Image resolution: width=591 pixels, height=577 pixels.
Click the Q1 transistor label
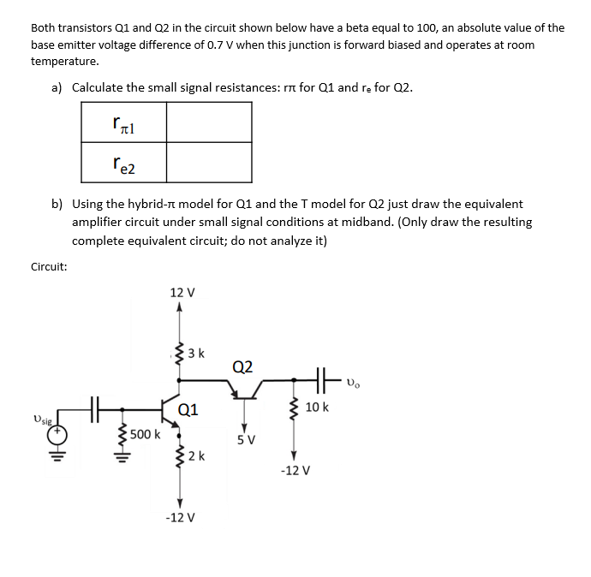tap(189, 408)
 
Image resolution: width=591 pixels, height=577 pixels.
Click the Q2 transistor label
tap(242, 367)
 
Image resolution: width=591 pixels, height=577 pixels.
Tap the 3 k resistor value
tap(195, 353)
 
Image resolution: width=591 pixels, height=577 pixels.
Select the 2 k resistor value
tap(195, 455)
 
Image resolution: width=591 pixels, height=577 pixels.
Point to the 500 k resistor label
tap(144, 434)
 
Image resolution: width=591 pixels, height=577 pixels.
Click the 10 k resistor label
tap(316, 406)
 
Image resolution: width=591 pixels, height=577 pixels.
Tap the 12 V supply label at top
tap(182, 292)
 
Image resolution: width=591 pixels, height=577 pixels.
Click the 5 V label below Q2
tap(244, 442)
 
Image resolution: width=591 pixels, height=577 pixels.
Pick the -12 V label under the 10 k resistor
tap(294, 471)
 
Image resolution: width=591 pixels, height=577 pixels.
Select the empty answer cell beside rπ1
tap(208, 122)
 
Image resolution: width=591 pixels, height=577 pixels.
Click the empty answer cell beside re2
tap(208, 161)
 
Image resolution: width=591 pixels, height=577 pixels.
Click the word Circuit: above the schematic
tap(49, 266)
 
